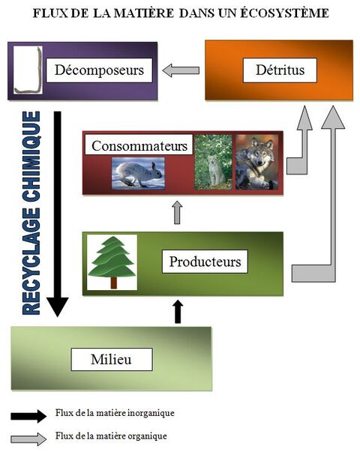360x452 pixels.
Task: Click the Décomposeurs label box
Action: click(x=100, y=71)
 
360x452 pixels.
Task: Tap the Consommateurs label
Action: click(x=139, y=145)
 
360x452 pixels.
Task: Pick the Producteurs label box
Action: click(x=205, y=262)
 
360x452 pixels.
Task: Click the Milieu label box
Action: click(x=112, y=359)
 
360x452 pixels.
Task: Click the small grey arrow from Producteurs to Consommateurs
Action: click(x=177, y=212)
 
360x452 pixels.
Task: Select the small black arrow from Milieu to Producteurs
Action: click(x=178, y=311)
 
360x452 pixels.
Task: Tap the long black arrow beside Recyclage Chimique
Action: click(x=57, y=214)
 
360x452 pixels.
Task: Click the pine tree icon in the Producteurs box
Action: click(x=112, y=262)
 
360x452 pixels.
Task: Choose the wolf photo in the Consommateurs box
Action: click(x=256, y=161)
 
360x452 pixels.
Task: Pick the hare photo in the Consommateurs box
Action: click(x=137, y=172)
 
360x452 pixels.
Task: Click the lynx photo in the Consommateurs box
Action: click(x=213, y=161)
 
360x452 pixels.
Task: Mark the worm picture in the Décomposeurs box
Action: click(x=27, y=71)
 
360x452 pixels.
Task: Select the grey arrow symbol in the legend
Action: click(x=28, y=436)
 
